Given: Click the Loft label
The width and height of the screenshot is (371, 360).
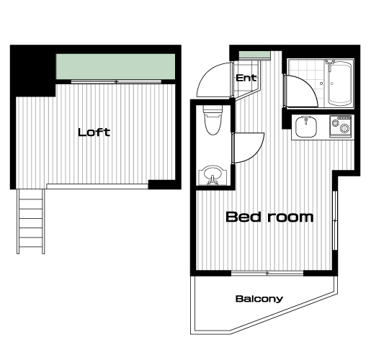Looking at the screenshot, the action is coord(94,132).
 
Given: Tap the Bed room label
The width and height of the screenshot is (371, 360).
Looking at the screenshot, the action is coord(269,217).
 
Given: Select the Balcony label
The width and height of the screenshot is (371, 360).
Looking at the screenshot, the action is coord(259,299).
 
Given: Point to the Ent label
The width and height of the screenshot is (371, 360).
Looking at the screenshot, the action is coord(246,78).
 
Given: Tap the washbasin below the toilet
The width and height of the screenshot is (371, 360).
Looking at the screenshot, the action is coord(213,175).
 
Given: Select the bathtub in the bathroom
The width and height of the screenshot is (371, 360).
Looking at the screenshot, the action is coord(339,83).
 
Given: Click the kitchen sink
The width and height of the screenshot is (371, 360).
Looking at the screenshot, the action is coord(306,127).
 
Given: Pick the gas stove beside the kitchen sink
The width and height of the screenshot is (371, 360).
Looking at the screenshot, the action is coord(341,127).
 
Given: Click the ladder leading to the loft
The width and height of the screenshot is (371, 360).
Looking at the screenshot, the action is coord(31,221).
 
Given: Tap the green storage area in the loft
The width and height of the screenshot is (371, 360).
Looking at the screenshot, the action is coord(115,66).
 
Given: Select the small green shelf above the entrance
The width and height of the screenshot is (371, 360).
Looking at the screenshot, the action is coord(254,55).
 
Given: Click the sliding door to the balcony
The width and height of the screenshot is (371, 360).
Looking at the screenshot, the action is coord(267,273).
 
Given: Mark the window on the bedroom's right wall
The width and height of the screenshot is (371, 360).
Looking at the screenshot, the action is coord(335,220).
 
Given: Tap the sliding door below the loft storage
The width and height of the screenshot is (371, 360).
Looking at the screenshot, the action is coord(116,81).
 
